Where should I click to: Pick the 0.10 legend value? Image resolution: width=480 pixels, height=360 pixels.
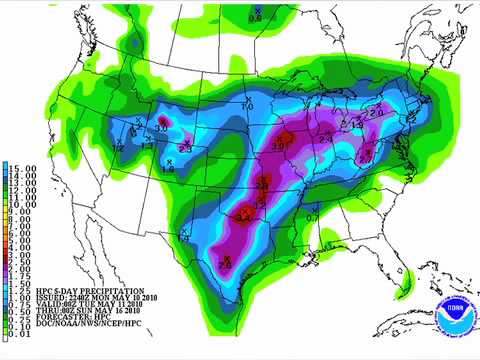point(14,325)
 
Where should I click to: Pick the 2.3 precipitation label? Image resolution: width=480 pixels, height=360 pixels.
point(186,149)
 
